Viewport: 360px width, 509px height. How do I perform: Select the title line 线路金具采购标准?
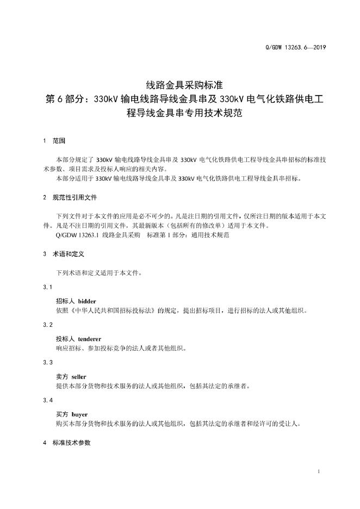click(x=179, y=85)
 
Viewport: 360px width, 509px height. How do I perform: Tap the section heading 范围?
click(x=59, y=141)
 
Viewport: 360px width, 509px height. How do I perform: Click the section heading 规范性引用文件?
click(x=75, y=197)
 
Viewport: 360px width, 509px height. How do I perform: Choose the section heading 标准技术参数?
click(x=71, y=443)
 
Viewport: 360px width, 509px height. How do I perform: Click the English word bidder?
click(x=87, y=301)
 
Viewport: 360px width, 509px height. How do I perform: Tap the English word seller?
click(x=79, y=376)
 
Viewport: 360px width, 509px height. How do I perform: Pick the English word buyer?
click(x=79, y=414)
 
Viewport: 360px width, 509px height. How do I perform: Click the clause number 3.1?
click(x=47, y=287)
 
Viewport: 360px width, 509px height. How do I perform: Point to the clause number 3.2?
click(x=47, y=325)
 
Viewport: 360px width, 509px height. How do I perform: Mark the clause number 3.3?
click(x=47, y=362)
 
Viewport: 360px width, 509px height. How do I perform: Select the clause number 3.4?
click(x=47, y=400)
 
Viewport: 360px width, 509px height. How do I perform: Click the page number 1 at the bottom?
click(x=318, y=471)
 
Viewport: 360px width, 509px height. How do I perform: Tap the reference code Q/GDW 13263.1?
click(x=77, y=235)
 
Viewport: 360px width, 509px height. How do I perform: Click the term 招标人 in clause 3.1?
click(x=66, y=301)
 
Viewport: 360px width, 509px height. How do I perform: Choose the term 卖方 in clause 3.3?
click(x=62, y=376)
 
